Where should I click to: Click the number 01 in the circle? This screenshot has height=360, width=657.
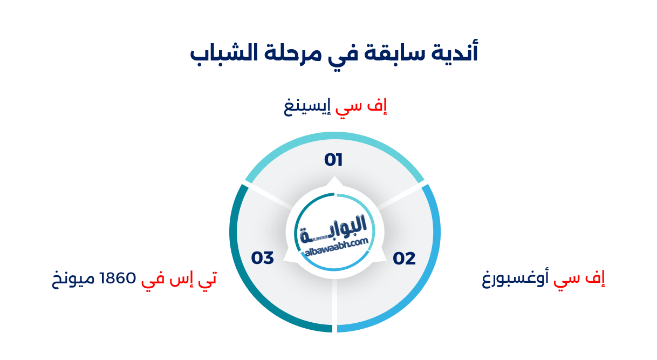[x=333, y=160]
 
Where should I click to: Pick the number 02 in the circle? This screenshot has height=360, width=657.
[x=404, y=259]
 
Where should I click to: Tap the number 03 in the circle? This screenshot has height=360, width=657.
[x=263, y=258]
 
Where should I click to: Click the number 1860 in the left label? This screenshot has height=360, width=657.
[x=114, y=279]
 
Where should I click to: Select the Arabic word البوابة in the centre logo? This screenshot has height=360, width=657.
[x=334, y=227]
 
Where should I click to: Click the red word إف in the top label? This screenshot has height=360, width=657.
[x=381, y=107]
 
